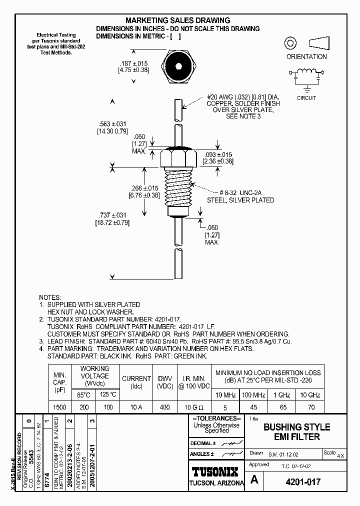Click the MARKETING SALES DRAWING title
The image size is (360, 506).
[177, 20]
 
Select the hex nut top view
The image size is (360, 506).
[178, 66]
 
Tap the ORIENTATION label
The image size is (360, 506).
[306, 56]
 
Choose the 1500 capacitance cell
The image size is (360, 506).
[59, 407]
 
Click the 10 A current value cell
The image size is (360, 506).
[136, 407]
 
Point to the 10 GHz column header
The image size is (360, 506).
[309, 395]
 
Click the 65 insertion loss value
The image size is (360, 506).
[283, 407]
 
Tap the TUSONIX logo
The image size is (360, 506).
[216, 471]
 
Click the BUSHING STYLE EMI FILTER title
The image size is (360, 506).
[296, 432]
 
